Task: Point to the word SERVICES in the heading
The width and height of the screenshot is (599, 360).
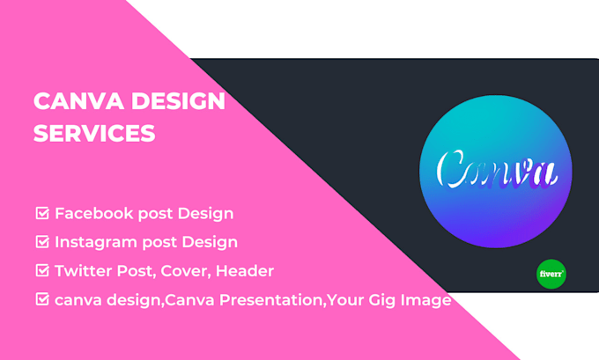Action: (93, 134)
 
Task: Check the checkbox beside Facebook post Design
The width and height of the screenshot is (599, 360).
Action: (41, 213)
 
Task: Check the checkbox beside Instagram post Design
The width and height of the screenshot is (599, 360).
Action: (41, 241)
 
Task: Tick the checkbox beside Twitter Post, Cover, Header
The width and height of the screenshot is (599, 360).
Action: (41, 270)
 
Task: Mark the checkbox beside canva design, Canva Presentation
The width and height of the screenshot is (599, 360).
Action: (41, 299)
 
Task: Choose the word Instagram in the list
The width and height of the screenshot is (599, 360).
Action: (95, 241)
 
